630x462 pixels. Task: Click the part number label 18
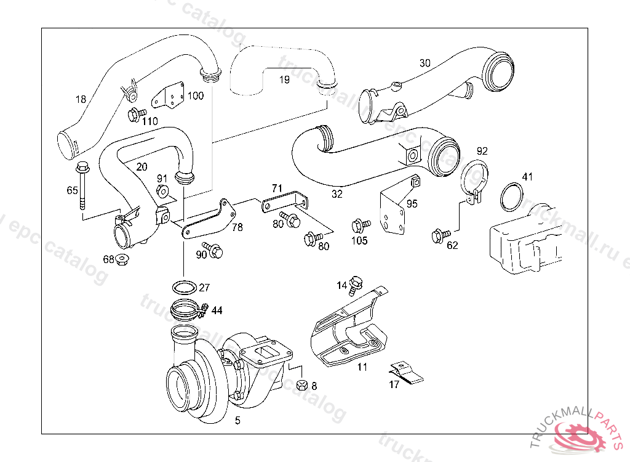coord(81,99)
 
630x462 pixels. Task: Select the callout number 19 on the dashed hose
coord(284,79)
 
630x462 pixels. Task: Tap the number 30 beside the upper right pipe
coord(425,63)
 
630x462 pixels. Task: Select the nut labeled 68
coord(122,259)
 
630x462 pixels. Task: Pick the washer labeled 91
coord(162,191)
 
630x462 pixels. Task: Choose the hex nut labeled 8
coord(301,386)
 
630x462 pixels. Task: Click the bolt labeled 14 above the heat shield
coord(356,285)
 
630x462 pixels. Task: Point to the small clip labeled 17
coord(406,371)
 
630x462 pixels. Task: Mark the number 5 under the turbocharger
coord(238,421)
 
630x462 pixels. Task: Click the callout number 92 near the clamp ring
coord(482,150)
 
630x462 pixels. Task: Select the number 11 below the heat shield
coord(362,368)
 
